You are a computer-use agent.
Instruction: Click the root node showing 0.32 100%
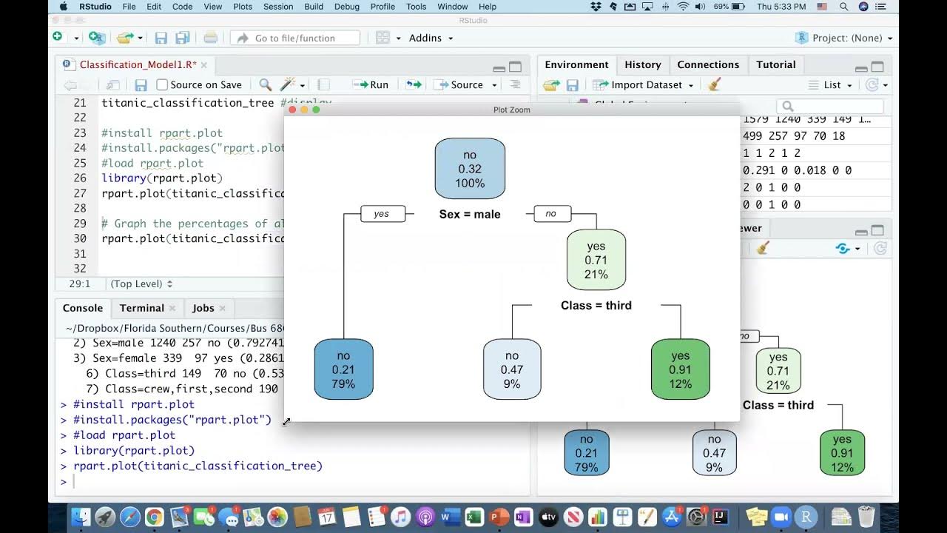(470, 169)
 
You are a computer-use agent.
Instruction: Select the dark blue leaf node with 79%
(344, 369)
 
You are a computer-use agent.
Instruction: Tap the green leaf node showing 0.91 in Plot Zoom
(680, 369)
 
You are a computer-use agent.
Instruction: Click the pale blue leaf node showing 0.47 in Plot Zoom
(512, 369)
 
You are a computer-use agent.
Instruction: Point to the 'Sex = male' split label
(470, 215)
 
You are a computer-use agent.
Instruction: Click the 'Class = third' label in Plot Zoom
(596, 305)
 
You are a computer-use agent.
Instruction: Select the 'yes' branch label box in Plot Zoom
(382, 214)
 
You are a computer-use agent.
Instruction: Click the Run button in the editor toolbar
(371, 84)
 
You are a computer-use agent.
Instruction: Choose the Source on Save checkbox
(163, 84)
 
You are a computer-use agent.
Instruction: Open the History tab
(642, 64)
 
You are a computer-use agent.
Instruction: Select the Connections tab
(708, 64)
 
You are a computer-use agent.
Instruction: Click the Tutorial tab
(775, 64)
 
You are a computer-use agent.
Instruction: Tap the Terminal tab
(141, 308)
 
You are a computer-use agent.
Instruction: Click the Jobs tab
(203, 308)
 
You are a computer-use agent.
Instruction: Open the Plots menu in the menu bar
(243, 7)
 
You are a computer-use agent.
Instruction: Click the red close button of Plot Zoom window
(292, 110)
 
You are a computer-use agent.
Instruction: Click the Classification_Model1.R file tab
(137, 64)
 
